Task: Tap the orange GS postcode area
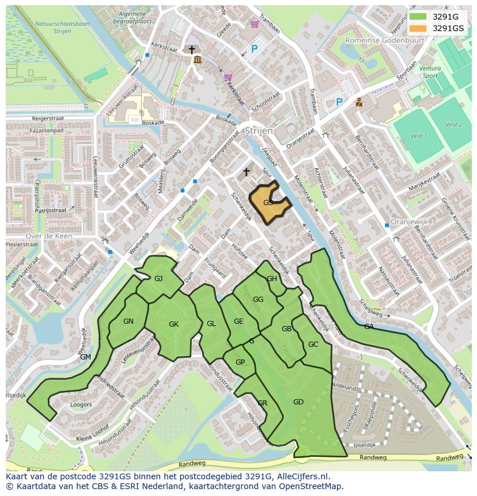pyautogui.click(x=268, y=203)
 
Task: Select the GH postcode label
pyautogui.click(x=272, y=279)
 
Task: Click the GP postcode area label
pyautogui.click(x=240, y=362)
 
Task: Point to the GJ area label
pyautogui.click(x=159, y=279)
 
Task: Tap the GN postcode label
pyautogui.click(x=128, y=321)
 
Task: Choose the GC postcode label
pyautogui.click(x=313, y=344)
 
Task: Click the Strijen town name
pyautogui.click(x=258, y=131)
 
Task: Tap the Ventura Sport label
pyautogui.click(x=430, y=72)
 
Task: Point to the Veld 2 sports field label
pyautogui.click(x=453, y=124)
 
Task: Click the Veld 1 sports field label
pyautogui.click(x=418, y=136)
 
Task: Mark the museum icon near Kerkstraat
pyautogui.click(x=197, y=60)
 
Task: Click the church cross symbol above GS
pyautogui.click(x=247, y=172)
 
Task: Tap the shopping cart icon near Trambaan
pyautogui.click(x=254, y=24)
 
